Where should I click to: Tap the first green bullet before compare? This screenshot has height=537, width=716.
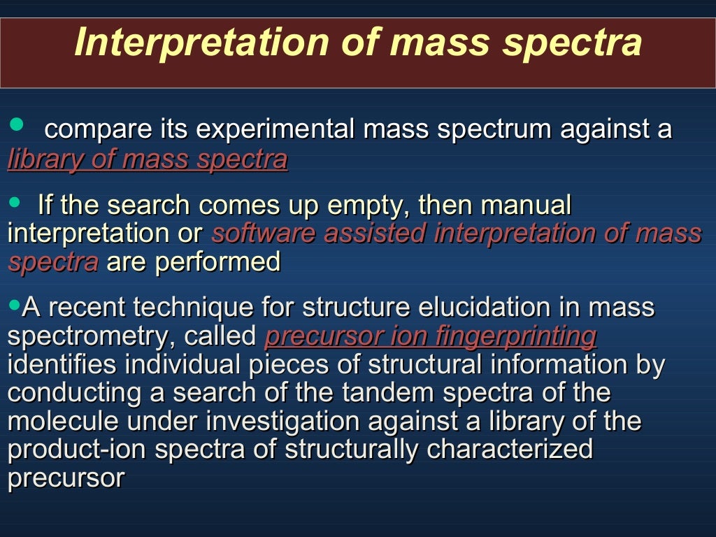click(x=16, y=124)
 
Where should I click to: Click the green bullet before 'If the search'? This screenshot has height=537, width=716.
click(x=15, y=201)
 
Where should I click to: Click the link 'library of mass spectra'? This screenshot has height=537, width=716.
click(x=148, y=159)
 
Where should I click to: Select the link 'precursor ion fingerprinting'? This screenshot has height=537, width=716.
click(x=431, y=336)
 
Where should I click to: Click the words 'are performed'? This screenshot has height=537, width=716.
click(x=194, y=262)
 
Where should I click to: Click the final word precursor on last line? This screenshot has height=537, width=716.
click(x=66, y=479)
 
